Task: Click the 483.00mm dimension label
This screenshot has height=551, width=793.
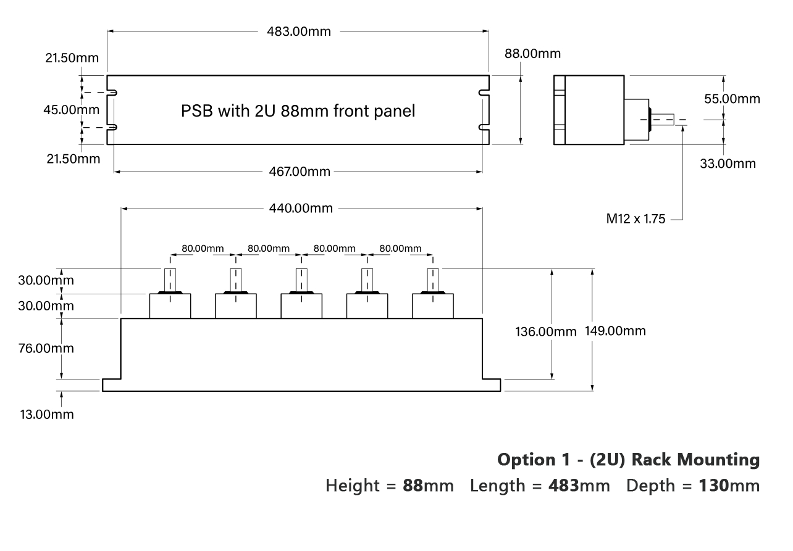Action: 298,32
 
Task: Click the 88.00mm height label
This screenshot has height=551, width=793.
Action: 532,54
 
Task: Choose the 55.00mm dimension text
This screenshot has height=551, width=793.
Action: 732,99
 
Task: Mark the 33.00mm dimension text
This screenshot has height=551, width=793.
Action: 727,163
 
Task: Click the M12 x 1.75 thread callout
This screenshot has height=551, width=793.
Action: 636,219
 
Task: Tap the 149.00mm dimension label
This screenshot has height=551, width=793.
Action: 616,331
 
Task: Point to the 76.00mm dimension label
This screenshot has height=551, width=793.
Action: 46,348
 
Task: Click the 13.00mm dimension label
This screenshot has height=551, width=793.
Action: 46,414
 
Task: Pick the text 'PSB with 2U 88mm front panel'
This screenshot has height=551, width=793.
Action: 298,111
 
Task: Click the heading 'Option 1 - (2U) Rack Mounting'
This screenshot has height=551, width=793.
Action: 628,460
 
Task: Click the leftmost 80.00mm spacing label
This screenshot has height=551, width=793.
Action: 202,249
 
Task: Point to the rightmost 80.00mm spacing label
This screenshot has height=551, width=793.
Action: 400,249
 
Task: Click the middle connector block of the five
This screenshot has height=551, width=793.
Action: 301,306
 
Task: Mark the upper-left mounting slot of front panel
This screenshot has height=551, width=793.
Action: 113,93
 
